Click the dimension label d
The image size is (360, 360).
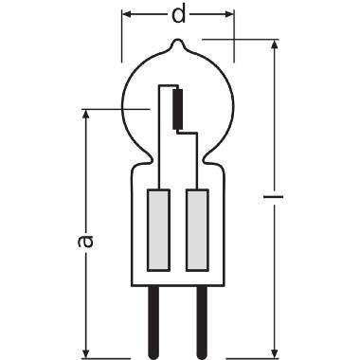pyautogui.click(x=178, y=15)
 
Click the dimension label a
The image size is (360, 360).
pyautogui.click(x=85, y=242)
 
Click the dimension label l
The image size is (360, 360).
pyautogui.click(x=274, y=197)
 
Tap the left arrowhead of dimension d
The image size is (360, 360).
pyautogui.click(x=126, y=14)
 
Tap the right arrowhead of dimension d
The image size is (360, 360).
pyautogui.click(x=229, y=14)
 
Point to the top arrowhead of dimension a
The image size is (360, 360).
pyautogui.click(x=85, y=115)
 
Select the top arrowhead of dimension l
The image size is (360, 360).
pyautogui.click(x=275, y=45)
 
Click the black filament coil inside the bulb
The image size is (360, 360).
pyautogui.click(x=178, y=109)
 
